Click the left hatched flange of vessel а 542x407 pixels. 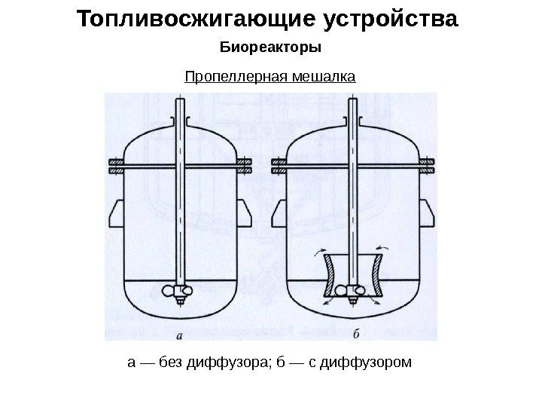pos(117,166)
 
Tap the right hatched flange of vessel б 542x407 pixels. pos(427,166)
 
